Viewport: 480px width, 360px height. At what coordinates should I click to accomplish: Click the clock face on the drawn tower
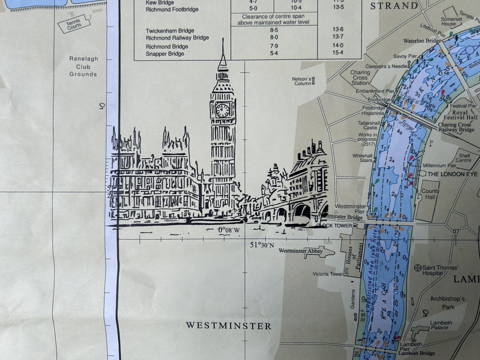pos(222,110)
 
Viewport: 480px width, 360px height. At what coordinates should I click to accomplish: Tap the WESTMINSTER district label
pos(228,326)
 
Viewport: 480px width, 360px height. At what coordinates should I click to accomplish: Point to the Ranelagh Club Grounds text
pos(83,66)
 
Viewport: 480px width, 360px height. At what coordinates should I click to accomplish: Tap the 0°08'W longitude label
pos(228,230)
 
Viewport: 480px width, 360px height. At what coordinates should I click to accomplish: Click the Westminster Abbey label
pos(297,251)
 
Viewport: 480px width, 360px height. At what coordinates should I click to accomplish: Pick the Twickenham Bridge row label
pos(170,31)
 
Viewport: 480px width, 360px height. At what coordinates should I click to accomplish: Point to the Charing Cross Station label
pos(360,78)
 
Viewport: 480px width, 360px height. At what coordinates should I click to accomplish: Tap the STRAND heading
pos(394,6)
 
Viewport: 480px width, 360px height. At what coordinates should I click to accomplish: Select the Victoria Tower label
pos(328,274)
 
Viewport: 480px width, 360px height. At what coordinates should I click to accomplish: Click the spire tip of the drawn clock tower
pos(222,40)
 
